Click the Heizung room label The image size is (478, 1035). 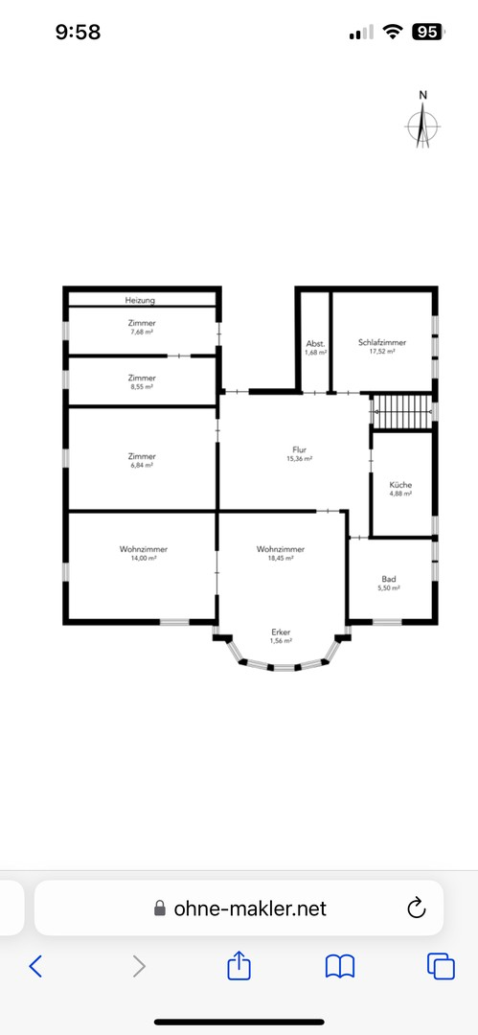point(140,300)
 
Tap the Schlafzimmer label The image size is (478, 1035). point(382,342)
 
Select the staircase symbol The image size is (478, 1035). point(401,412)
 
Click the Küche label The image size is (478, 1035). point(400,485)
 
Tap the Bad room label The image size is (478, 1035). point(389,579)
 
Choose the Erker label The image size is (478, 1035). point(281,632)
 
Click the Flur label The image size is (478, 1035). point(299,450)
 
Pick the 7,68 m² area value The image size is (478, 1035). point(142,332)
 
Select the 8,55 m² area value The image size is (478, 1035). point(141,386)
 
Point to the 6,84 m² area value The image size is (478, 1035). point(142,465)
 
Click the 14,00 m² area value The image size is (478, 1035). point(144,558)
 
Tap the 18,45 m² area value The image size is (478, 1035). point(281,558)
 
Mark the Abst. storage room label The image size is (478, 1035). point(315,343)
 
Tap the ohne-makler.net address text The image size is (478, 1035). point(250,908)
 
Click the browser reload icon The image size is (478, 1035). point(417,908)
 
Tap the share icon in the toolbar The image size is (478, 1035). point(239,966)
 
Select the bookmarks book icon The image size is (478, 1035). point(340,967)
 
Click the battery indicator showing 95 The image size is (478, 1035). point(428,31)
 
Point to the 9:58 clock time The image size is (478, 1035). point(78,32)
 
